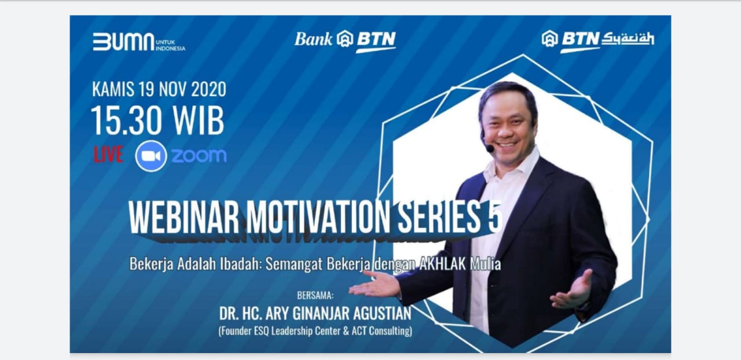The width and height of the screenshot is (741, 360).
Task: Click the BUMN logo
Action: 139,42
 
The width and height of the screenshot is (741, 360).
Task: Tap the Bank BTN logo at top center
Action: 345,41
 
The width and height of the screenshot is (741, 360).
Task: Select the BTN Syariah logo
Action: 598,41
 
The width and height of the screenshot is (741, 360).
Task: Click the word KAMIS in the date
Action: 113,89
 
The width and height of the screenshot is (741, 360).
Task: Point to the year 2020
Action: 209,89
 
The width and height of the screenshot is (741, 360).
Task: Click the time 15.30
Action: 127,121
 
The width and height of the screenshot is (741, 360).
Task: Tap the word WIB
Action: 198,121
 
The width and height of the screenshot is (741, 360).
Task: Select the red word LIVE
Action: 108,154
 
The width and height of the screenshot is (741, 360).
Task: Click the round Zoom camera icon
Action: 151,156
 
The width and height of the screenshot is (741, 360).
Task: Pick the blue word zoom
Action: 199,156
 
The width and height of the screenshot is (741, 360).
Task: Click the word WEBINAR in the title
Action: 184,217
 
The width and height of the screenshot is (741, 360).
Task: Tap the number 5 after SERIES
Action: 495,217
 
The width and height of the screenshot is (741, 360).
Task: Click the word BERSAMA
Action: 316,295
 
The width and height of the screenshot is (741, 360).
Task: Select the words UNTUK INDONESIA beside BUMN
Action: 170,45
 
